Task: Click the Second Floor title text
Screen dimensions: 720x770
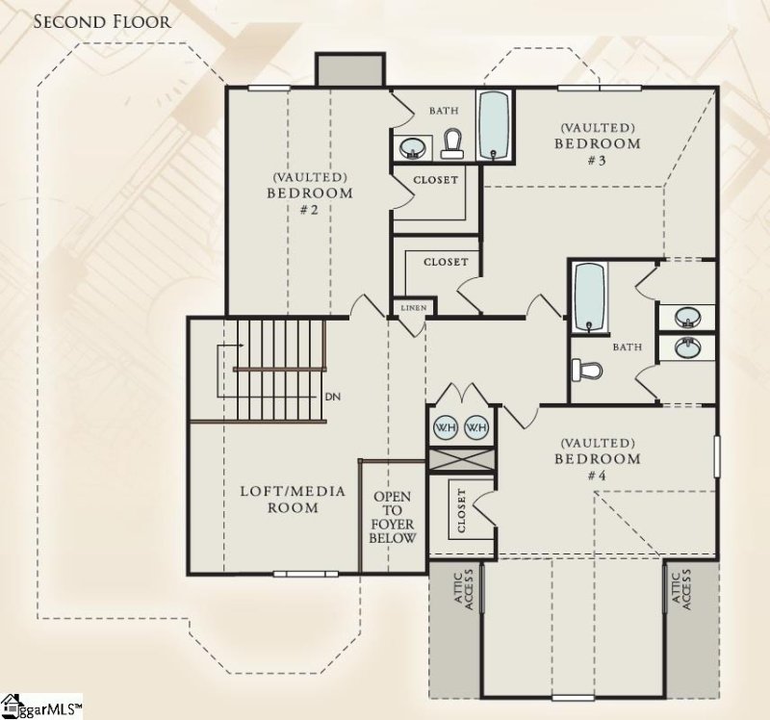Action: [x=102, y=21]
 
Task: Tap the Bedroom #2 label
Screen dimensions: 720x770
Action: [x=309, y=193]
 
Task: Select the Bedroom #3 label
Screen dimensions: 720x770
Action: [x=597, y=143]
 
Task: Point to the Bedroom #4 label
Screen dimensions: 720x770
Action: [x=597, y=458]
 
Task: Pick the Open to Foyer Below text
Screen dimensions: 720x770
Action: [x=393, y=517]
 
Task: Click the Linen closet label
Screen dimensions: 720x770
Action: [x=413, y=308]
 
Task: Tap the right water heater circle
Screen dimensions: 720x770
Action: [x=476, y=426]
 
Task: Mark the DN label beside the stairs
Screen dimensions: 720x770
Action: [x=334, y=396]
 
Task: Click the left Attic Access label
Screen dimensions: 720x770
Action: [x=465, y=588]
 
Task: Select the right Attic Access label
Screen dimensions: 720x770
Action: [x=680, y=588]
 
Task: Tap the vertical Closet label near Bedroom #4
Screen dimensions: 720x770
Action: [x=462, y=511]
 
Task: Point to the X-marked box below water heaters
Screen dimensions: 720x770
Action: [x=461, y=459]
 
